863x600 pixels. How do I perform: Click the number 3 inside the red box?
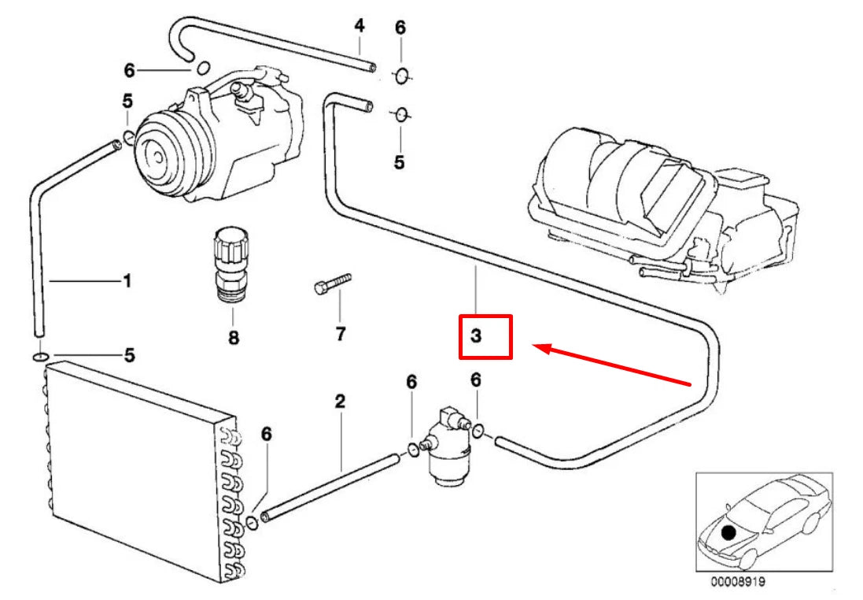pyautogui.click(x=476, y=337)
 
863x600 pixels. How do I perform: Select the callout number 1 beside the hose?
pyautogui.click(x=127, y=280)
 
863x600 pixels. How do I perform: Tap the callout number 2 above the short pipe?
pyautogui.click(x=340, y=402)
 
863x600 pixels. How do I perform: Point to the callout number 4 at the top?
pyautogui.click(x=360, y=25)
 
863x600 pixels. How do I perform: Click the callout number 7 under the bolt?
pyautogui.click(x=340, y=334)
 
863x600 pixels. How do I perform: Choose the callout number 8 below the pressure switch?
pyautogui.click(x=234, y=339)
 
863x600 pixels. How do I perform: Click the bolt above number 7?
pyautogui.click(x=331, y=283)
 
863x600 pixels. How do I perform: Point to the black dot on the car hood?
pyautogui.click(x=728, y=533)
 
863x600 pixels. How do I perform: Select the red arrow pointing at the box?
pyautogui.click(x=614, y=365)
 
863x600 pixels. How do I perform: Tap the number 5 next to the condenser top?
pyautogui.click(x=127, y=355)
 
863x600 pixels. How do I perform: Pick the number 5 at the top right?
pyautogui.click(x=399, y=162)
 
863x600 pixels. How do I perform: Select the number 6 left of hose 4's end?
pyautogui.click(x=129, y=71)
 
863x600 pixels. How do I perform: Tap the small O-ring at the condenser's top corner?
pyautogui.click(x=39, y=357)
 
